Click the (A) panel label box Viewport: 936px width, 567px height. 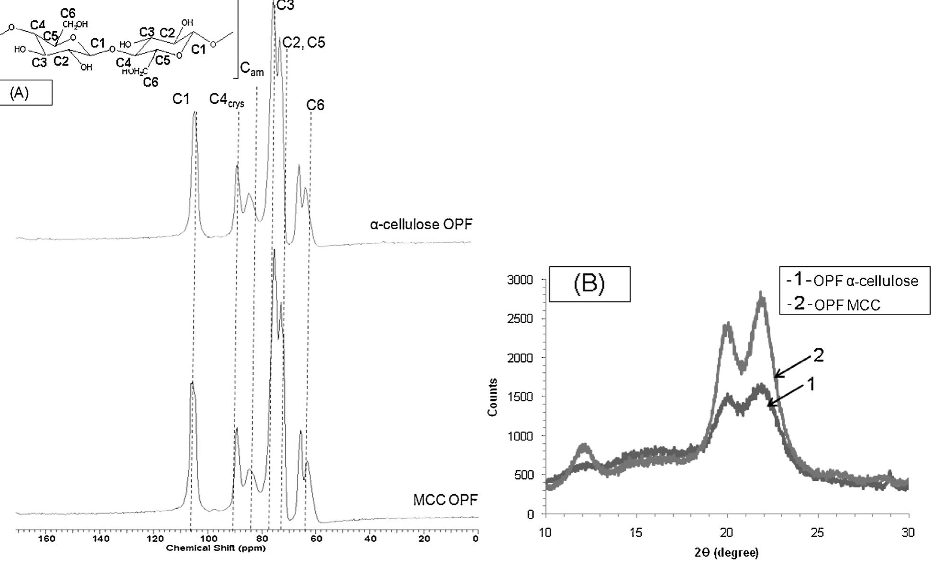[26, 93]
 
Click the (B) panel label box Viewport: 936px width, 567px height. [589, 284]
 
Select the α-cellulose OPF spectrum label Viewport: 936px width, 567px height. [421, 224]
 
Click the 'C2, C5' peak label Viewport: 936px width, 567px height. [304, 43]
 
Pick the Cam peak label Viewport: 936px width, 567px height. [252, 69]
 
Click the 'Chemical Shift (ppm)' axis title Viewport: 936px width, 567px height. [216, 549]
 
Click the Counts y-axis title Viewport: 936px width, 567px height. [493, 397]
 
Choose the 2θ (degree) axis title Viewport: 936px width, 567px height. [726, 552]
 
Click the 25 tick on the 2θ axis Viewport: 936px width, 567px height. [817, 532]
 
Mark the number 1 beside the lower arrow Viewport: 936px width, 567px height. [811, 385]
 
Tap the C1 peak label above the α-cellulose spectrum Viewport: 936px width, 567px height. [181, 99]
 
